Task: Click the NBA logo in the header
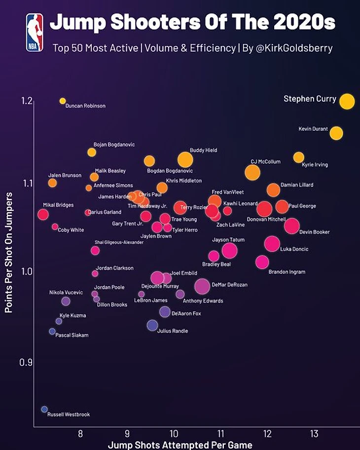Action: [35, 32]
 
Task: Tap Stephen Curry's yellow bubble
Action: [347, 101]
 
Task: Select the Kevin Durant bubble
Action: [336, 133]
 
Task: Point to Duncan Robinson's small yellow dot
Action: [63, 101]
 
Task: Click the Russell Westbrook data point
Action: [44, 409]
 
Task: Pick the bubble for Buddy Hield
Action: [185, 159]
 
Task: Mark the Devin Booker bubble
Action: [291, 225]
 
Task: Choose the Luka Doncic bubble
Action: [272, 243]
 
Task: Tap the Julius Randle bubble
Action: [152, 325]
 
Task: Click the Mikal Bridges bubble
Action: [43, 214]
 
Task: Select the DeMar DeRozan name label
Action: [229, 285]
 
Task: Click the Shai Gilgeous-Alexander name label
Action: [119, 242]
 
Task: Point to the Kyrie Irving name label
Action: [315, 165]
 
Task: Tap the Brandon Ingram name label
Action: [287, 272]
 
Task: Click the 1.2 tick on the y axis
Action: [27, 101]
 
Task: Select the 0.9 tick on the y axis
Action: [26, 363]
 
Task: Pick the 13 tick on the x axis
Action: [314, 434]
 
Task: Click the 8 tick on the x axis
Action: [80, 434]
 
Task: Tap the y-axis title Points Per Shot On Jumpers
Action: [8, 252]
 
